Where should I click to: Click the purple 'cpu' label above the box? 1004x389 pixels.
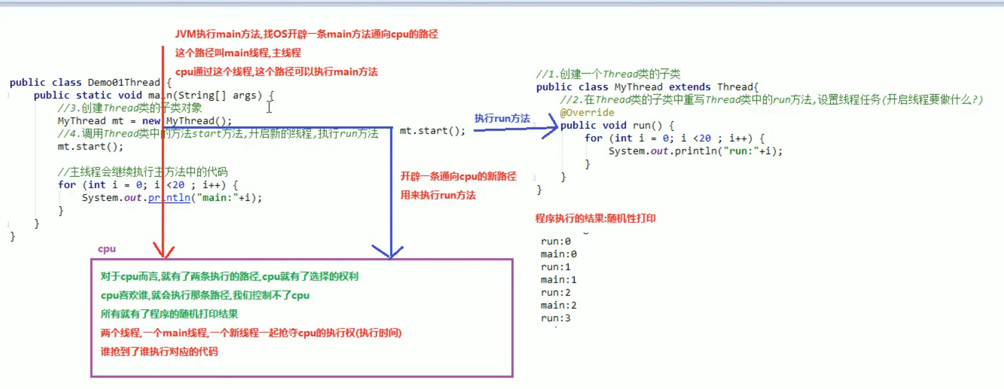click(107, 249)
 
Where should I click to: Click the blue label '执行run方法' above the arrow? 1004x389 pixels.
click(502, 118)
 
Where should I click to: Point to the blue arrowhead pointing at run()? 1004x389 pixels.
click(552, 127)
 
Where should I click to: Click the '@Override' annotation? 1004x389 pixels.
click(587, 112)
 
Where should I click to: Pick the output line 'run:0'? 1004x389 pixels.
click(556, 241)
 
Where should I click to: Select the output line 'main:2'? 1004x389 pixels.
click(558, 305)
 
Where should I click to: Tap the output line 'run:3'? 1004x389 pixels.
click(556, 318)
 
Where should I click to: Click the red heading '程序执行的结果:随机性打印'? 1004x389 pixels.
click(595, 218)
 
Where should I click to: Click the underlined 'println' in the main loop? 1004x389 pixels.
click(169, 198)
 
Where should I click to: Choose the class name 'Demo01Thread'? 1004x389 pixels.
click(124, 82)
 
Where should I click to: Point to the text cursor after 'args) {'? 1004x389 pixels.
click(269, 107)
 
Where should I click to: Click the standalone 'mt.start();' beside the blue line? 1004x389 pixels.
click(432, 131)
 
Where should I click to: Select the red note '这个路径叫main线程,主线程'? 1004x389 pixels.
click(238, 53)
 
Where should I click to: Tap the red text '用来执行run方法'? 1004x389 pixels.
click(438, 195)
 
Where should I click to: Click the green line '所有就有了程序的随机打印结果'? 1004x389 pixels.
click(169, 314)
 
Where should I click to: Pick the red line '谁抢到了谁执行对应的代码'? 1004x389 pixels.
click(159, 352)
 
